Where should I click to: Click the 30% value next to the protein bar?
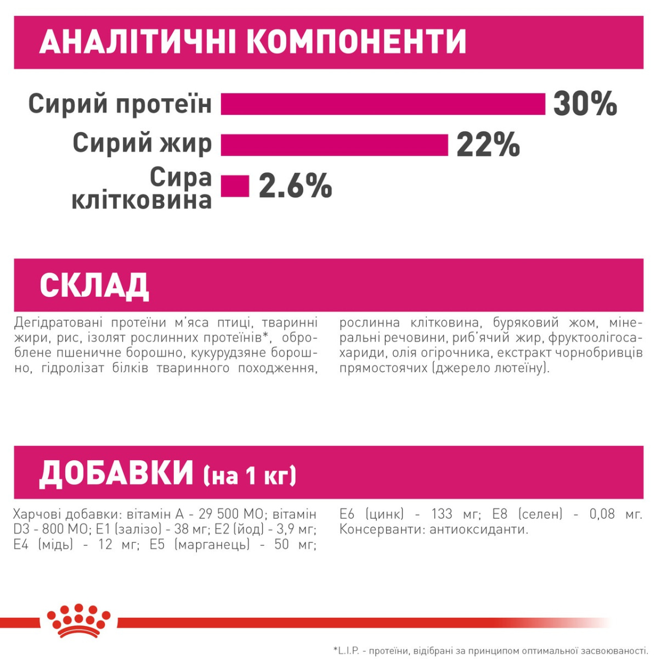[x=585, y=104]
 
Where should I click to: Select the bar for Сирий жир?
[x=335, y=145]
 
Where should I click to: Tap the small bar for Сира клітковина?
[x=235, y=186]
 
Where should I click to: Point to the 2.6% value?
[x=295, y=186]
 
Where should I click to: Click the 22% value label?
[x=488, y=145]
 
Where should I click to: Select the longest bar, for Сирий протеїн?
[x=383, y=104]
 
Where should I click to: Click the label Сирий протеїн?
[x=120, y=104]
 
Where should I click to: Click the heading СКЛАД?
[x=94, y=285]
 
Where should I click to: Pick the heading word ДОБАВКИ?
[x=116, y=473]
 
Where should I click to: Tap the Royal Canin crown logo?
[x=78, y=621]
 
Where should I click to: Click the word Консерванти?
[x=380, y=529]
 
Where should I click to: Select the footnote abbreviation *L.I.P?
[x=346, y=651]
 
